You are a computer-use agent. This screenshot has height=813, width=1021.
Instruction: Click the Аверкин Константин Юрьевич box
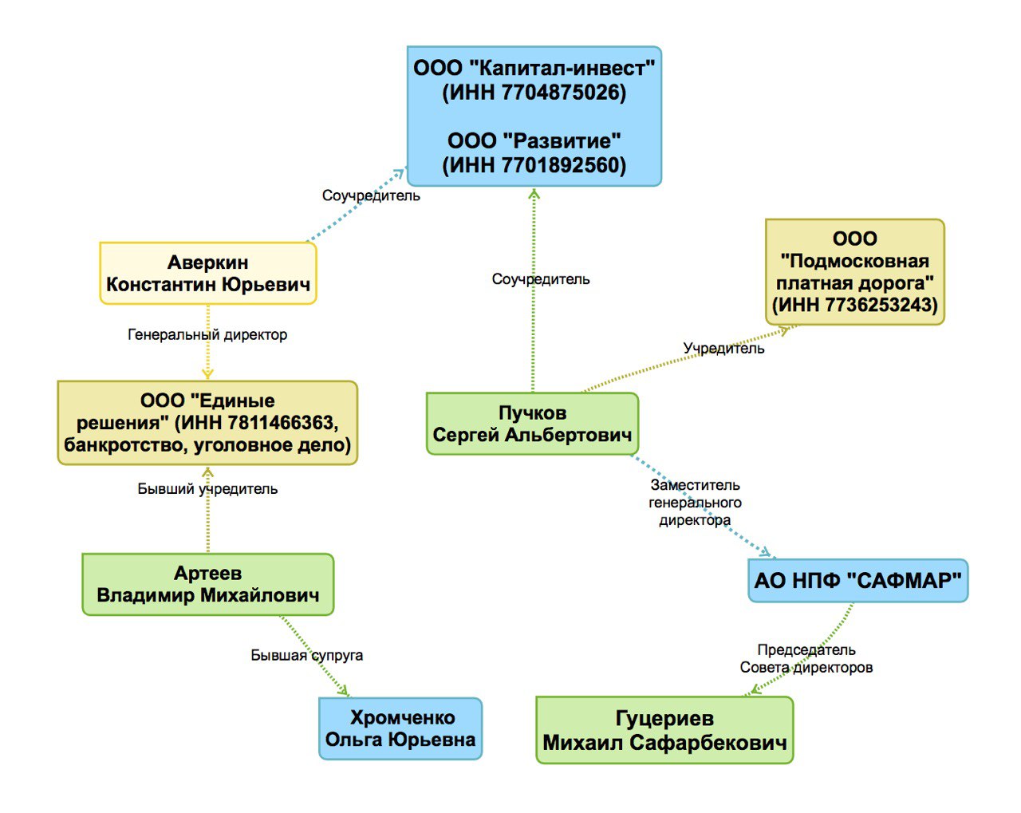click(x=208, y=274)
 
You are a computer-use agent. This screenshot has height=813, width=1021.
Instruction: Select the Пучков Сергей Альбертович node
click(x=532, y=424)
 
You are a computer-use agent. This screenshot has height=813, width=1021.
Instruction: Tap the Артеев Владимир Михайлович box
click(x=207, y=585)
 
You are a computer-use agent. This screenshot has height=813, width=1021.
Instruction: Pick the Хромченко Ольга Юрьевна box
click(x=400, y=729)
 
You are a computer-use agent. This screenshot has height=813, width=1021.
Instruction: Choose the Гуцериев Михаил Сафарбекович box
click(x=664, y=731)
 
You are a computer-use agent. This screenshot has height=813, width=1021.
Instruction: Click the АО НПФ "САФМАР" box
click(x=857, y=581)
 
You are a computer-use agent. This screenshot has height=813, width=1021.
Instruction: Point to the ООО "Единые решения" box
click(x=207, y=423)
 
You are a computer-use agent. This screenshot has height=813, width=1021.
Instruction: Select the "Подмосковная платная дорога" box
click(x=854, y=272)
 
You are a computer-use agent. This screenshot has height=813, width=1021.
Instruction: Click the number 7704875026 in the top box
click(x=563, y=93)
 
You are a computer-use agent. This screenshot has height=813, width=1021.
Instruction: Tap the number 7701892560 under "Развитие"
click(x=563, y=165)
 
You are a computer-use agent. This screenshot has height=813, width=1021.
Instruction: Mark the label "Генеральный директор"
click(x=207, y=335)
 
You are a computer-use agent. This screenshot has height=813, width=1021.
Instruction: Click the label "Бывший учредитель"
click(x=207, y=489)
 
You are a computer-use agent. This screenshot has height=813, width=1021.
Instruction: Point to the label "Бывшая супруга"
click(x=307, y=655)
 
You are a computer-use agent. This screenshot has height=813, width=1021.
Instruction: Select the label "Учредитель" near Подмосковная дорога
click(x=723, y=349)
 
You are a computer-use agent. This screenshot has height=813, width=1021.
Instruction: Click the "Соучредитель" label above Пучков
click(x=541, y=279)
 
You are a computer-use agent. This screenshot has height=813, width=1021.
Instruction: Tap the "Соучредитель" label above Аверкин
click(x=371, y=195)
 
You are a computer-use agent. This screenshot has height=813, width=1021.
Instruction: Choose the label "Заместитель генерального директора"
click(x=695, y=503)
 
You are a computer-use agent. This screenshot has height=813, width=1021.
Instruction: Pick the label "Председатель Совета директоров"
click(x=806, y=659)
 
